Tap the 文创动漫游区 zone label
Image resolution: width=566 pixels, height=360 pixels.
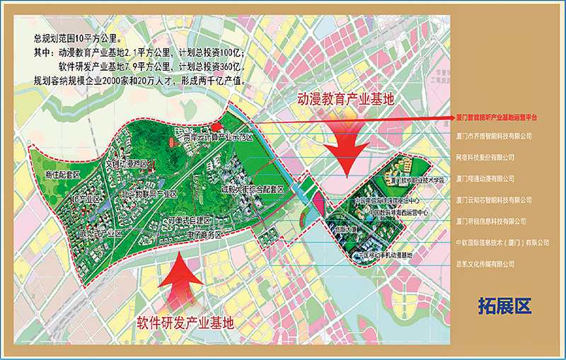click(x=127, y=164)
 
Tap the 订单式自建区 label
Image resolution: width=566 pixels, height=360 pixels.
click(x=190, y=221)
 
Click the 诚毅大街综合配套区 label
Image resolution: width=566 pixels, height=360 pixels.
click(x=252, y=190)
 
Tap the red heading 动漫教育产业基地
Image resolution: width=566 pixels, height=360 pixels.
click(x=345, y=99)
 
